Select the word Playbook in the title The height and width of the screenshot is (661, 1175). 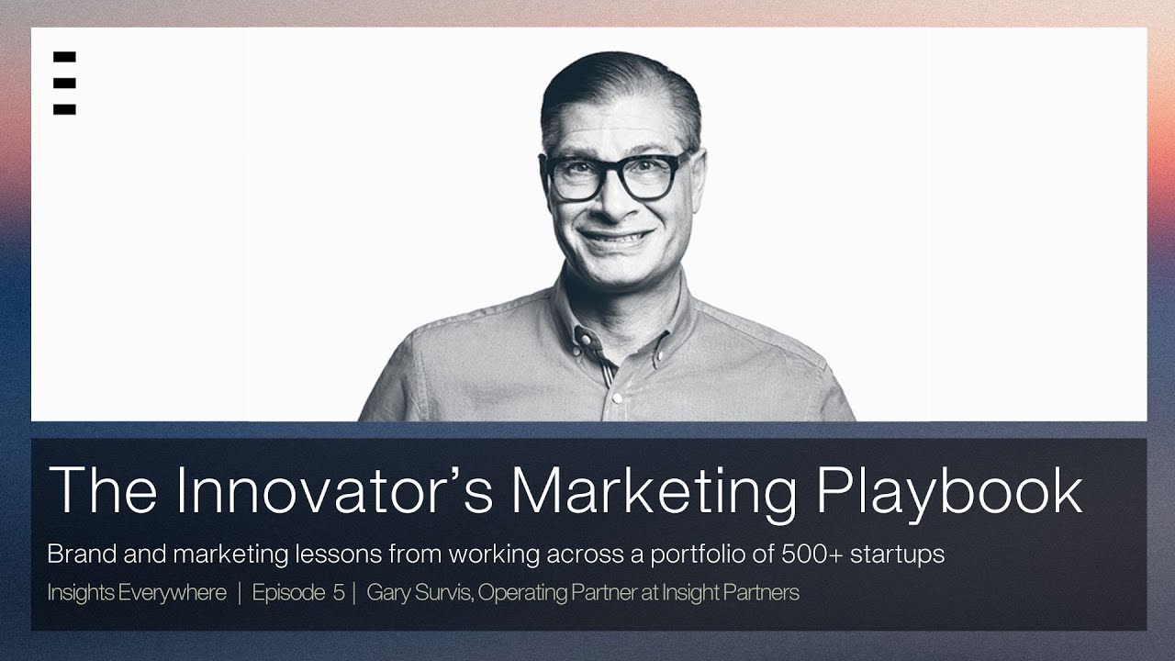coord(950,490)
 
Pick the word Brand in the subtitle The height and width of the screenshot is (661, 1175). coord(75,555)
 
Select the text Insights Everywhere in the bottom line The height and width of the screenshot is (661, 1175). coord(137,593)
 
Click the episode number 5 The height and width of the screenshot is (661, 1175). coord(339,593)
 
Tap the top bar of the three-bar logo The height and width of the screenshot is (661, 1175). coord(64,57)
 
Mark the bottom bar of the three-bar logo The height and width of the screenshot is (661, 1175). coord(64,109)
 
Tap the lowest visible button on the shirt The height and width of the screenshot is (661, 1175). coord(618,398)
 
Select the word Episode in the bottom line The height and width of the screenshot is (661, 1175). coord(288,593)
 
